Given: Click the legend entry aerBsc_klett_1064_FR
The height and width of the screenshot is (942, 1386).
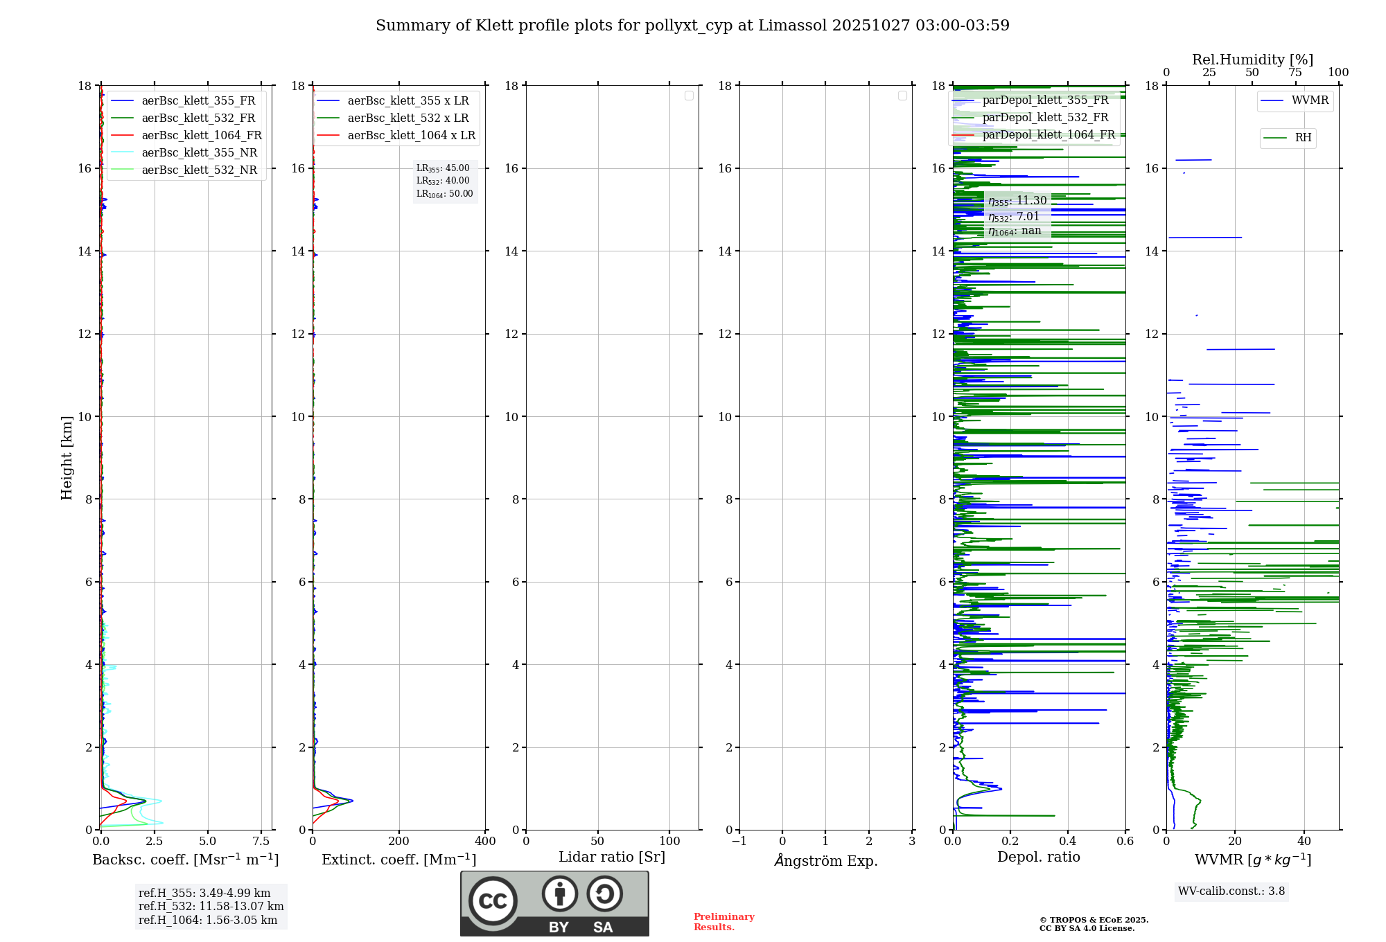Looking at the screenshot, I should tap(201, 136).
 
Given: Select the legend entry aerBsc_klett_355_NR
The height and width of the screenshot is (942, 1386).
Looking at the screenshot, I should tap(199, 153).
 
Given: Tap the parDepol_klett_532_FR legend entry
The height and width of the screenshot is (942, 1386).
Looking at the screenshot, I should tap(1045, 118).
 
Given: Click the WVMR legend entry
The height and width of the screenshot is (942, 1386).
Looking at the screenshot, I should tap(1310, 100).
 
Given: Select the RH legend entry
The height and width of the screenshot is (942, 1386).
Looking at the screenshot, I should tap(1303, 138).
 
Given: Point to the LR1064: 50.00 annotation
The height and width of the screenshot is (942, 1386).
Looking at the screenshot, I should tap(444, 194).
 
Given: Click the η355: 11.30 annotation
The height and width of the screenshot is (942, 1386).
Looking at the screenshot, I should tap(1017, 201).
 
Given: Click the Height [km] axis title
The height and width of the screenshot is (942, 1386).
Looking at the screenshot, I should tap(67, 458).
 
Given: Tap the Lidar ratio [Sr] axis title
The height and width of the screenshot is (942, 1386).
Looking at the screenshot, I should tap(612, 857).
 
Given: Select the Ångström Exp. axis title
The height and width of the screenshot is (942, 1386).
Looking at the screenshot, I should tap(826, 861).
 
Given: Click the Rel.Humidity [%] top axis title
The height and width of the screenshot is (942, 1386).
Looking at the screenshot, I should tap(1252, 60).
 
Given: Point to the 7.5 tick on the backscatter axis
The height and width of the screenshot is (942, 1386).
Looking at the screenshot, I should tap(261, 842).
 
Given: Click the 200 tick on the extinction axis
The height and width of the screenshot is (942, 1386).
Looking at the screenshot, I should tap(399, 842).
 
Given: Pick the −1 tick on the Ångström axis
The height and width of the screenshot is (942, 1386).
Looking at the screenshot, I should tap(739, 842).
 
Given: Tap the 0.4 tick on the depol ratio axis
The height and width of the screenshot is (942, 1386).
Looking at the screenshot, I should tap(1068, 842).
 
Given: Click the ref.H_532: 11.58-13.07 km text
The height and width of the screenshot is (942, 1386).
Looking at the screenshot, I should tap(211, 907).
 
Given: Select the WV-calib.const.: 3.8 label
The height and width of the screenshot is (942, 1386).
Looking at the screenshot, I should tap(1231, 891).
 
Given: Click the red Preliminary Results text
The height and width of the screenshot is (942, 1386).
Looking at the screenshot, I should tap(723, 922).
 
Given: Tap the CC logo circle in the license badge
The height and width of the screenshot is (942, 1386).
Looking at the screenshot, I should tap(493, 901).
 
